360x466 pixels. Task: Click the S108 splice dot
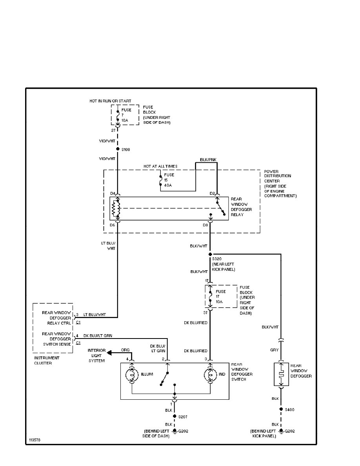click(118, 149)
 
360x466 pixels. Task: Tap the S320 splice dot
click(210, 254)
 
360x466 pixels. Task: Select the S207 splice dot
click(175, 417)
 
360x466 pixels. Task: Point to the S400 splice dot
click(281, 409)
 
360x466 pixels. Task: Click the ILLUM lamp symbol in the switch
click(132, 375)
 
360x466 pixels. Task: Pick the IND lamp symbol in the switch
click(210, 375)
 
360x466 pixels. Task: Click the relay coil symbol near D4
click(115, 208)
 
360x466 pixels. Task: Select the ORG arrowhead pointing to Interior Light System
click(110, 353)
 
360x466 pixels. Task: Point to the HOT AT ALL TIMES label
click(160, 166)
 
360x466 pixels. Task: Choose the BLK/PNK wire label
click(208, 160)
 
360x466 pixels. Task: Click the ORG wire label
click(125, 350)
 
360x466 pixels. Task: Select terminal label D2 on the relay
click(212, 193)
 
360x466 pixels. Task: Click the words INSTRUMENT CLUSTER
click(46, 360)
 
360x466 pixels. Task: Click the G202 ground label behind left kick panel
click(289, 431)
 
